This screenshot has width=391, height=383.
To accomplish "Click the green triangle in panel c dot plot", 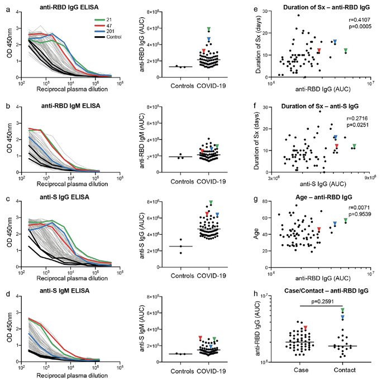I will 211,202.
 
